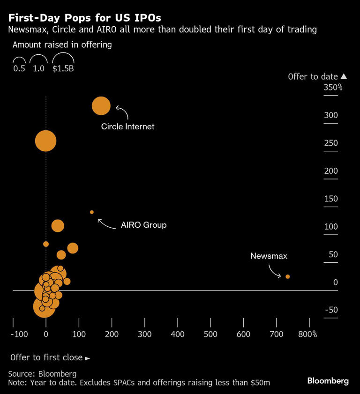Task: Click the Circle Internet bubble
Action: [x=101, y=106]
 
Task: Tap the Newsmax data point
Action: [x=288, y=276]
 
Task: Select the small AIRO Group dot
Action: [x=92, y=212]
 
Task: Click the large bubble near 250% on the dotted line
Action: [x=45, y=141]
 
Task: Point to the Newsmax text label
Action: [x=269, y=256]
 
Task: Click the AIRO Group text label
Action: [x=143, y=225]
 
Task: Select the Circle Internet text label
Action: [x=127, y=126]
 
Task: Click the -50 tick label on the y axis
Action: [x=332, y=310]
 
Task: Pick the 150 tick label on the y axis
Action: [x=331, y=199]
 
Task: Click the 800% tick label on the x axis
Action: [x=307, y=335]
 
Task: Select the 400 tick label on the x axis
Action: [x=178, y=335]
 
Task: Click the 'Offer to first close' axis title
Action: [x=47, y=357]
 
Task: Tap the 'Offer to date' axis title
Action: [x=313, y=76]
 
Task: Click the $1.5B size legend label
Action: [x=63, y=68]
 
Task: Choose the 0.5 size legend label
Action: [x=19, y=68]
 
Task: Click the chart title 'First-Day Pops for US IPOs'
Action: [x=84, y=18]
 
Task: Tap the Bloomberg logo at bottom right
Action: [x=328, y=381]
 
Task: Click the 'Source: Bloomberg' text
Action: [x=42, y=374]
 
